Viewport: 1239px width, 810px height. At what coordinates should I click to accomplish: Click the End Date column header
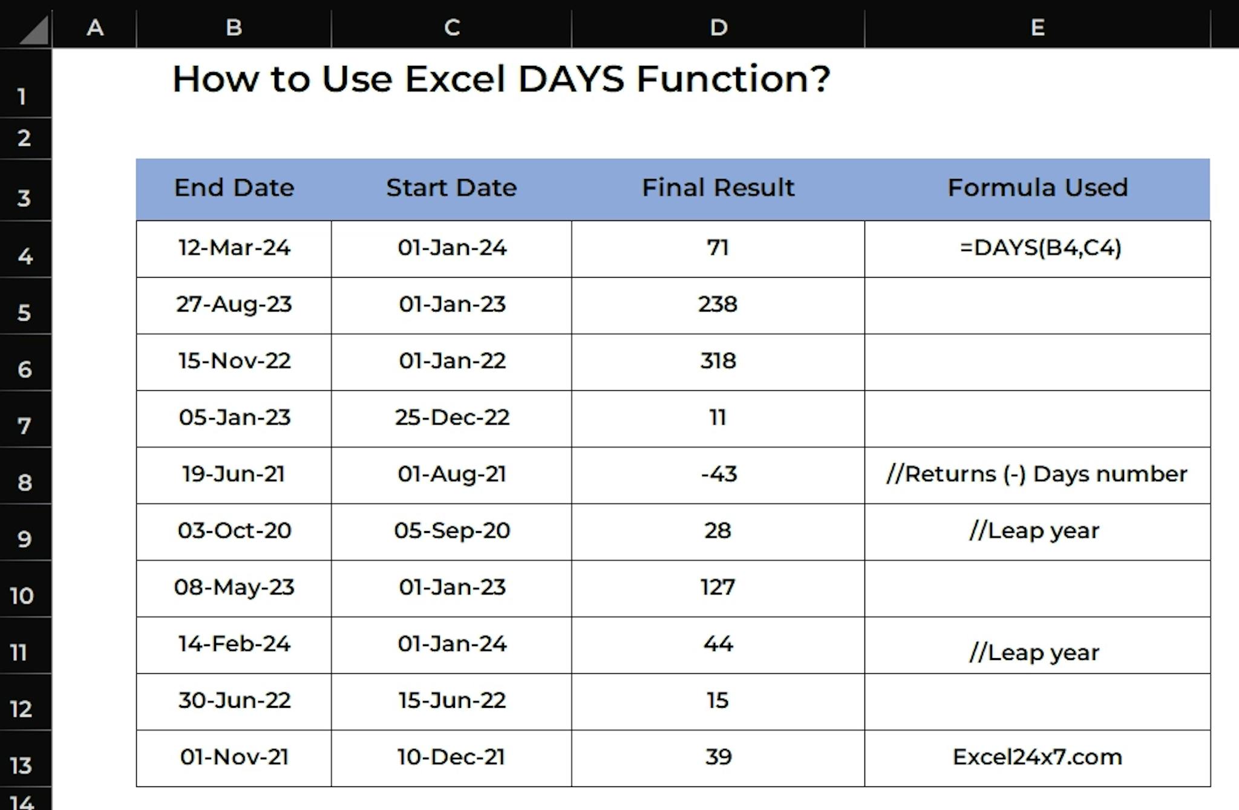[x=234, y=188]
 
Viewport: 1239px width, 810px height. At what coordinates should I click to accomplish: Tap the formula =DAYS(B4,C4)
[x=1041, y=247]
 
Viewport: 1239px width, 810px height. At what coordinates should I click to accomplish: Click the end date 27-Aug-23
[x=234, y=304]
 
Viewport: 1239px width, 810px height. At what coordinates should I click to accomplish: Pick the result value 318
[x=718, y=361]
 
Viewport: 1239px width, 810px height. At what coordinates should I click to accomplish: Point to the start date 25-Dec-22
[x=452, y=417]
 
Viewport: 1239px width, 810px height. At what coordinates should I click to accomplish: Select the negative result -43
[x=719, y=474]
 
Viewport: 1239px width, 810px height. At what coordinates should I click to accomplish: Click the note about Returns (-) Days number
[x=1037, y=474]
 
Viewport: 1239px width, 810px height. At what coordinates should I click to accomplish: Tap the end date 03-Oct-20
[x=234, y=531]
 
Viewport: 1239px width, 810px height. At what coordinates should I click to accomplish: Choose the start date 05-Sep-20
[x=452, y=531]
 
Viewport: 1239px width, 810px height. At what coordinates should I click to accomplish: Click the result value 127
[x=718, y=587]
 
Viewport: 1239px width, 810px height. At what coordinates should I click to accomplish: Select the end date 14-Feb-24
[x=234, y=644]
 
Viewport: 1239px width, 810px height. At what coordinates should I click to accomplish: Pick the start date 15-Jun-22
[x=452, y=701]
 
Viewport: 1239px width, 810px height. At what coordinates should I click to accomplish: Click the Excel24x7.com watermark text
[x=1038, y=757]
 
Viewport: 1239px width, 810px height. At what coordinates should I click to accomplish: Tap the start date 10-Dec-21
[x=451, y=757]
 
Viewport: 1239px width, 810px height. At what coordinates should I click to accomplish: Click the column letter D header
[x=719, y=27]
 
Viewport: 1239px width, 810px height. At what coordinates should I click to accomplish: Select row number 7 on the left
[x=24, y=426]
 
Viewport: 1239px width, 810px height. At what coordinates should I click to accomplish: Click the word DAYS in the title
[x=571, y=79]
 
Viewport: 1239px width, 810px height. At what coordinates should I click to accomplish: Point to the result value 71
[x=718, y=247]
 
